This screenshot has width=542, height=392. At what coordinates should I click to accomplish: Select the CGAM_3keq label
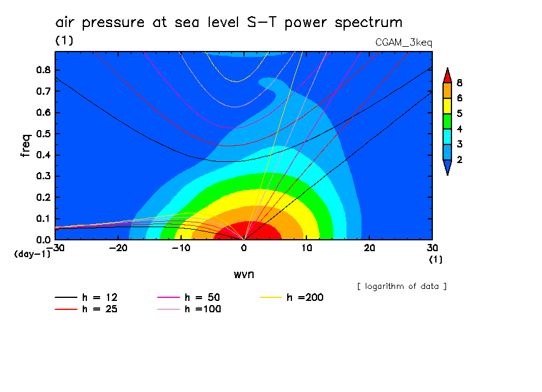404,43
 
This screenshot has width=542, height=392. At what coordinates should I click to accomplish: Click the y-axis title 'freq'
25,145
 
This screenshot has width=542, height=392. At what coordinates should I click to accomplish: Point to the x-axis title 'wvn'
243,274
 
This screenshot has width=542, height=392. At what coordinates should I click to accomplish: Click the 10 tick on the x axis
306,248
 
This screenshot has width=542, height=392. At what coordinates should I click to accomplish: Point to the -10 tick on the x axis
180,248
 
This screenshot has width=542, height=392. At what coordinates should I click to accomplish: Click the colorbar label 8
459,83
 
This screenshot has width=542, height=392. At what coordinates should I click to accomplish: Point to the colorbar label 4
459,129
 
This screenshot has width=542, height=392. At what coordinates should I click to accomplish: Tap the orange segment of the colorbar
447,90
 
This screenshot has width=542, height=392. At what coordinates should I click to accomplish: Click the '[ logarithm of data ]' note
402,286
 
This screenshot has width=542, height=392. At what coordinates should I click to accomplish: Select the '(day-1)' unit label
32,254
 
